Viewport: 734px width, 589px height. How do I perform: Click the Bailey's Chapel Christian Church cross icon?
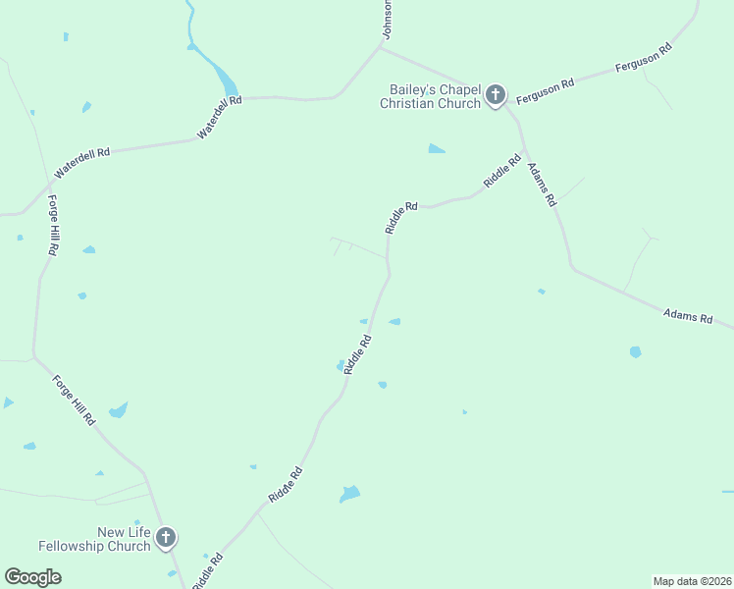(496, 95)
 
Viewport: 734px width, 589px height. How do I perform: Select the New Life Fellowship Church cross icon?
(166, 537)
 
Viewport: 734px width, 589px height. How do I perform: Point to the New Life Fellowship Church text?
(94, 539)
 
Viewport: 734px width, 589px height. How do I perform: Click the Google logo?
(32, 577)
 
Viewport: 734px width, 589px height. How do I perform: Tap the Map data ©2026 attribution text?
(692, 580)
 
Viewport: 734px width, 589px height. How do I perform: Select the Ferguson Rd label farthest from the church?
(642, 58)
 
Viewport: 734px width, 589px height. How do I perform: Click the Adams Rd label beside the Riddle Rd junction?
(542, 184)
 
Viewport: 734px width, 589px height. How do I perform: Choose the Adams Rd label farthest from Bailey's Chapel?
(687, 316)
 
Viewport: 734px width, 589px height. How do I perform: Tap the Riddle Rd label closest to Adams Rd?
(501, 171)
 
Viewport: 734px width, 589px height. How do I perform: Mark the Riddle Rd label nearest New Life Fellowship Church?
(208, 570)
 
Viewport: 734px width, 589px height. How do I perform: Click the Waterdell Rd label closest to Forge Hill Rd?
(82, 163)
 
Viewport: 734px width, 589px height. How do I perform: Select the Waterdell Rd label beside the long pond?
(219, 117)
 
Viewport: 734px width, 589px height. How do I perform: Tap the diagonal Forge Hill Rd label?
(74, 399)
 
